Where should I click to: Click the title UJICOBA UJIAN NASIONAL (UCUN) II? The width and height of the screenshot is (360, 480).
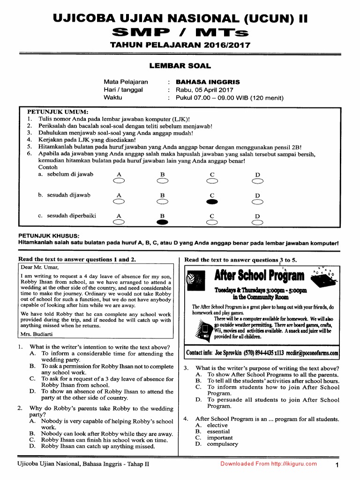click(180, 19)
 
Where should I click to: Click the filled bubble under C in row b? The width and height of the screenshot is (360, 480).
click(212, 202)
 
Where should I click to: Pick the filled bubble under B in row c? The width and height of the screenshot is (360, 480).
click(162, 223)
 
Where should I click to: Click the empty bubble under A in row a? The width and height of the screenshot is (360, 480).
click(119, 181)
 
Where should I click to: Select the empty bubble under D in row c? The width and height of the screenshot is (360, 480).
click(257, 223)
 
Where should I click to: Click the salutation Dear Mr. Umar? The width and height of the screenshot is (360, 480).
click(40, 268)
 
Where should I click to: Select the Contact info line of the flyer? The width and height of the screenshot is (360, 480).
click(262, 352)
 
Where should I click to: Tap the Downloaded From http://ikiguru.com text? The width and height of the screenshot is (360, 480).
click(269, 464)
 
